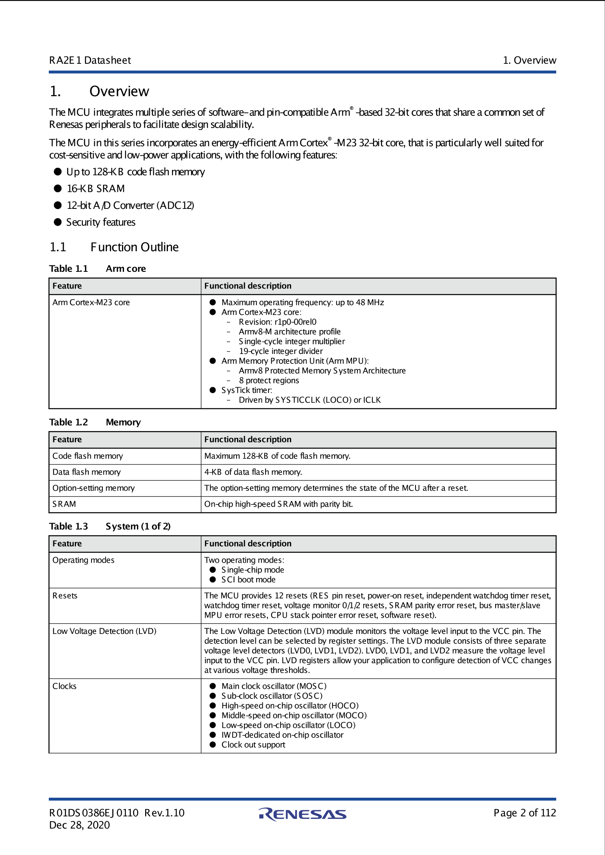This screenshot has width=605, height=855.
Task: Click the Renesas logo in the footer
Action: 302,814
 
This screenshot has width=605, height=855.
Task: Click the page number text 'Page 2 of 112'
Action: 524,813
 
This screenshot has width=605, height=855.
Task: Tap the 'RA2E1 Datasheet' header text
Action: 90,61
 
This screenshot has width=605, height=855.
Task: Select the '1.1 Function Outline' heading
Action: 114,247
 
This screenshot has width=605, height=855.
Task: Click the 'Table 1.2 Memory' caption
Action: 95,422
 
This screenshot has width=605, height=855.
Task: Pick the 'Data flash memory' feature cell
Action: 87,472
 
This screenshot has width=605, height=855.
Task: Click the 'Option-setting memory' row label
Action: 94,488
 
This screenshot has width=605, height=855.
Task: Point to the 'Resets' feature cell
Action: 65,596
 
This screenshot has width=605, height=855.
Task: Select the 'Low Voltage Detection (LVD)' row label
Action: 104,631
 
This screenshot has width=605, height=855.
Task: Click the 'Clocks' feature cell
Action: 65,686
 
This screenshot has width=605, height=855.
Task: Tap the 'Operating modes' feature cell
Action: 83,560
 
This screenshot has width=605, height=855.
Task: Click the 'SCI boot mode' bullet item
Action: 248,579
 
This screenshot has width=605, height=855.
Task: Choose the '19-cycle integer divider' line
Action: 281,351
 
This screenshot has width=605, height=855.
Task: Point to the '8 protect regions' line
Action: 269,380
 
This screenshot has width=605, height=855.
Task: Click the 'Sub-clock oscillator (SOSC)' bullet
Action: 272,696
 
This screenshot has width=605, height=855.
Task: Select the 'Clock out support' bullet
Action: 253,744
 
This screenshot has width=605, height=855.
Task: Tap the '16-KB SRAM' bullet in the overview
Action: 96,189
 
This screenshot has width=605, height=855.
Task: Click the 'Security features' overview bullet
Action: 101,222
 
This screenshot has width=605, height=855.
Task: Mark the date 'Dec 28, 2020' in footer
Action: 80,825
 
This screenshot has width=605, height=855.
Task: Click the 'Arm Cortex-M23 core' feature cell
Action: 91,302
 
